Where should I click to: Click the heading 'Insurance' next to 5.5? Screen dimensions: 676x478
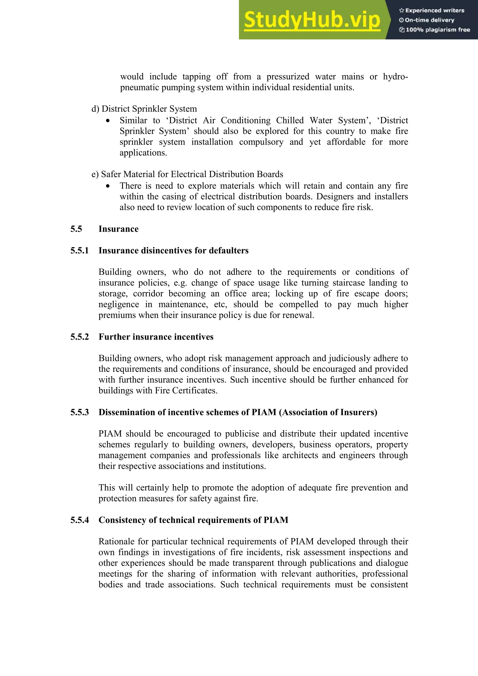tap(118, 229)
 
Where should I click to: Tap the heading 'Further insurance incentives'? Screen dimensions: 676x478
tap(156, 337)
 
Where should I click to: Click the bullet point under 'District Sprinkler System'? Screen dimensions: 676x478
tap(108, 120)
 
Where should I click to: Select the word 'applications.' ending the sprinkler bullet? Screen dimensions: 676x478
tap(143, 153)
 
